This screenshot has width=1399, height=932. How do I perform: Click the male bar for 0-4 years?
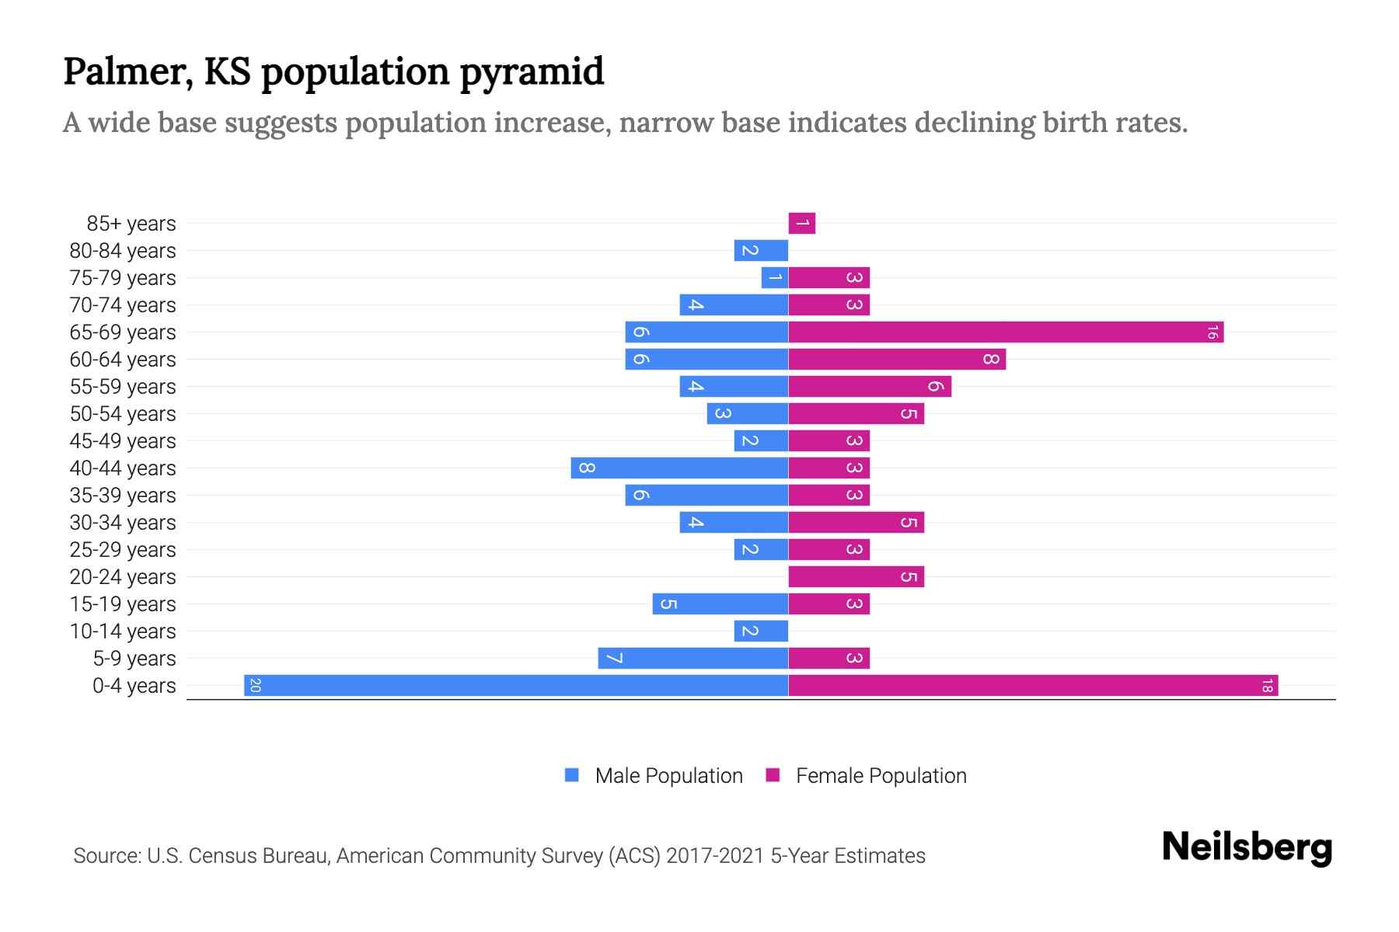[x=516, y=685]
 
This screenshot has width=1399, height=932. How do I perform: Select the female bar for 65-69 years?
[x=1006, y=332]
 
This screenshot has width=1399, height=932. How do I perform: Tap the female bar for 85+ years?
[x=801, y=223]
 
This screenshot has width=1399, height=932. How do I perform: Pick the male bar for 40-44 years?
[x=679, y=468]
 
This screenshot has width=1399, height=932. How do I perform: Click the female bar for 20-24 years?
[x=856, y=576]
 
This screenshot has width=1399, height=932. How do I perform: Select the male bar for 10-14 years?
[x=761, y=631]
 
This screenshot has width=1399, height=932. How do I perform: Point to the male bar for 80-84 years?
[x=761, y=250]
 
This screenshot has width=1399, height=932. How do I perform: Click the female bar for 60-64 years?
[x=897, y=359]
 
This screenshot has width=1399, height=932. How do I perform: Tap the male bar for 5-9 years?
[x=693, y=658]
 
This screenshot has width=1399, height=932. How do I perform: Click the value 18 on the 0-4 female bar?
[x=1267, y=686]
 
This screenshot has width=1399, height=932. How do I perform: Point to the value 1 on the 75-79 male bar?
[x=775, y=277]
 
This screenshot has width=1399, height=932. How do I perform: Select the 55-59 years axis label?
[x=123, y=387]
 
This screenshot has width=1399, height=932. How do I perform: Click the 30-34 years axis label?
[x=123, y=523]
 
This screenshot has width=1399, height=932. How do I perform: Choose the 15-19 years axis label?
[x=123, y=604]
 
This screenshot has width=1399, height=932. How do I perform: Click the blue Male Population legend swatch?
[x=572, y=775]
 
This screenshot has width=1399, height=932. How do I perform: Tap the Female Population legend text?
[x=881, y=775]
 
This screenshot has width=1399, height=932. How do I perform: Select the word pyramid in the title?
[x=532, y=71]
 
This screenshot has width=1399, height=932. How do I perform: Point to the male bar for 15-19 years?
[x=720, y=603]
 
